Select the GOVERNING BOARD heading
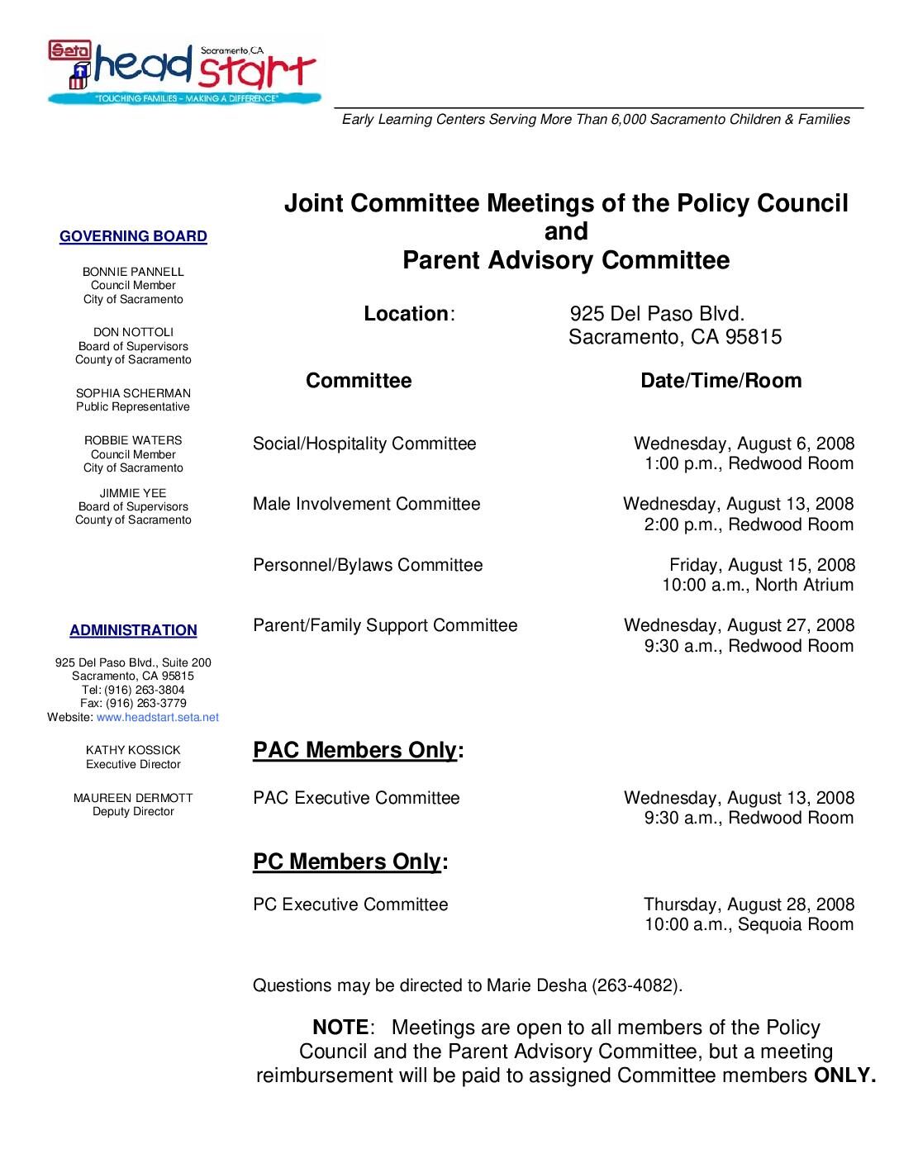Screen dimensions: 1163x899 (133, 237)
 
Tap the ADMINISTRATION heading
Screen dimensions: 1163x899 (133, 631)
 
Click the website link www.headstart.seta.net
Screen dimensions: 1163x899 (158, 717)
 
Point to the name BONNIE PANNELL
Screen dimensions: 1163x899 (133, 272)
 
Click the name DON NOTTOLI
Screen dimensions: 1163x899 (133, 332)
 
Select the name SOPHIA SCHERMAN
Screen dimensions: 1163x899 (133, 393)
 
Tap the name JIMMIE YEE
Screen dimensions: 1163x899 (133, 493)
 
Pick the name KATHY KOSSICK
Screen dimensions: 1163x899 (133, 750)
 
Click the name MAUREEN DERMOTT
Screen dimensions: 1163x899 (133, 798)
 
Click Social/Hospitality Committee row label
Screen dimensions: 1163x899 (364, 444)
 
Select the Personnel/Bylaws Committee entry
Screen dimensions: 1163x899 (368, 566)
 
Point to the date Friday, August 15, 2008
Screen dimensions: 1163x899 (762, 566)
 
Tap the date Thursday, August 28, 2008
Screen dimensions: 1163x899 (749, 904)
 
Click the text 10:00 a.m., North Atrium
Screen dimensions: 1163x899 (758, 586)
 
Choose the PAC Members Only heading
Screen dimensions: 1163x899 (357, 750)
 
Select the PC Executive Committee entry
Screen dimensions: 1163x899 (350, 904)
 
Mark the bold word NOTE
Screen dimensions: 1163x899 (340, 1028)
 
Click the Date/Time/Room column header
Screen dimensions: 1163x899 (721, 381)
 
